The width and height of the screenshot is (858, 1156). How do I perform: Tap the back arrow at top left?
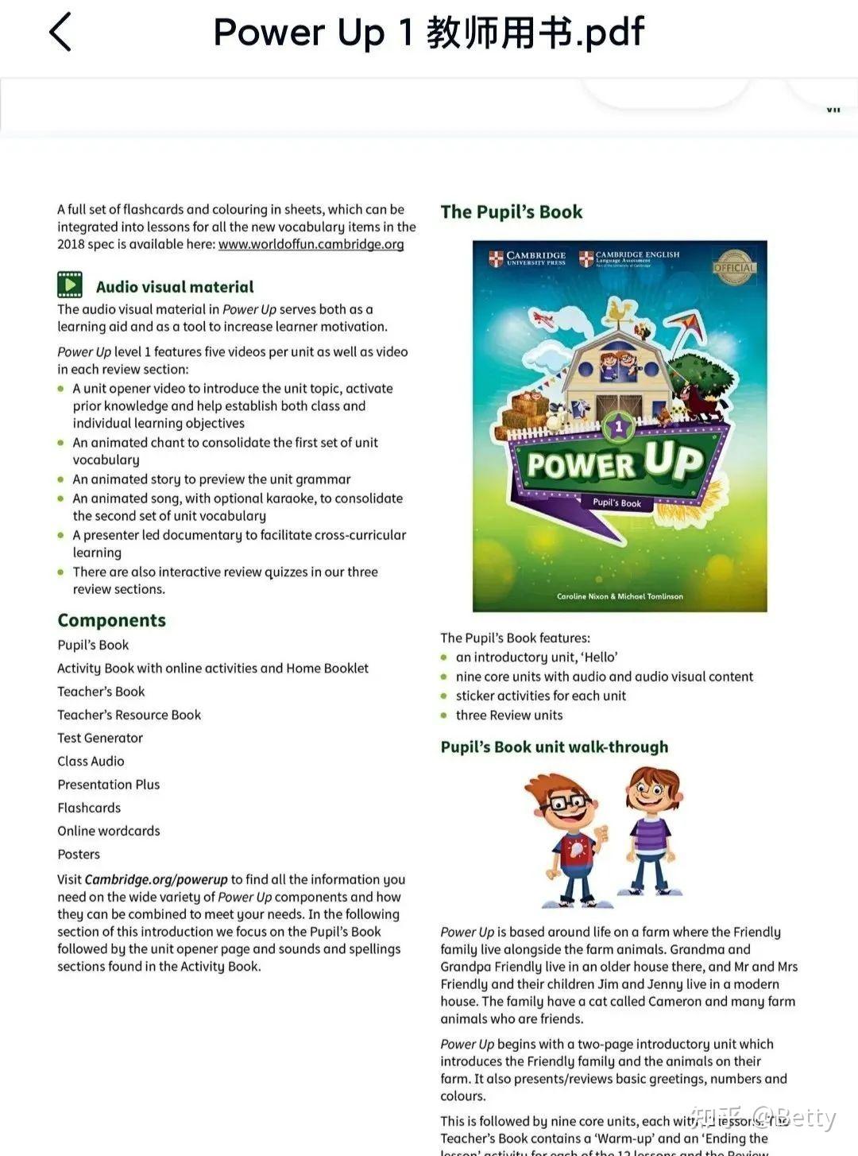coord(60,33)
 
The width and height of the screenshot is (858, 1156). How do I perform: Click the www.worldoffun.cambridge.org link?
coord(311,244)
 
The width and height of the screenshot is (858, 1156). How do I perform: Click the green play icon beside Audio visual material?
coord(70,285)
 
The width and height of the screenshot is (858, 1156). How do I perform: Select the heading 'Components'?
coord(111,620)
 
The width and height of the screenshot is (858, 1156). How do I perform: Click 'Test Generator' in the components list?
coord(100,738)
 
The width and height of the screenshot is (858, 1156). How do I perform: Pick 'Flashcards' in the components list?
coord(89,808)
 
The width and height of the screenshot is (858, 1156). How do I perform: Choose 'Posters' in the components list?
coord(79,854)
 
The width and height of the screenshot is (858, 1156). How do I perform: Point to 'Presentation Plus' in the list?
coord(108,785)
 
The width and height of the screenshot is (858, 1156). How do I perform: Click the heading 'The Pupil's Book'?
coord(512,211)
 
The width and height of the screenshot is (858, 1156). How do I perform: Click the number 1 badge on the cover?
coord(619,427)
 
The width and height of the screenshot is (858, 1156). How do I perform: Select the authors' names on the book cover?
coord(620,596)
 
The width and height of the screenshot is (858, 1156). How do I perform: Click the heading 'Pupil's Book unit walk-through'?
coord(555,747)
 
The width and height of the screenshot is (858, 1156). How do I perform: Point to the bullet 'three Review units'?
coord(509,715)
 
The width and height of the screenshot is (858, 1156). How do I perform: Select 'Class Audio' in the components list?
coord(91,761)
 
